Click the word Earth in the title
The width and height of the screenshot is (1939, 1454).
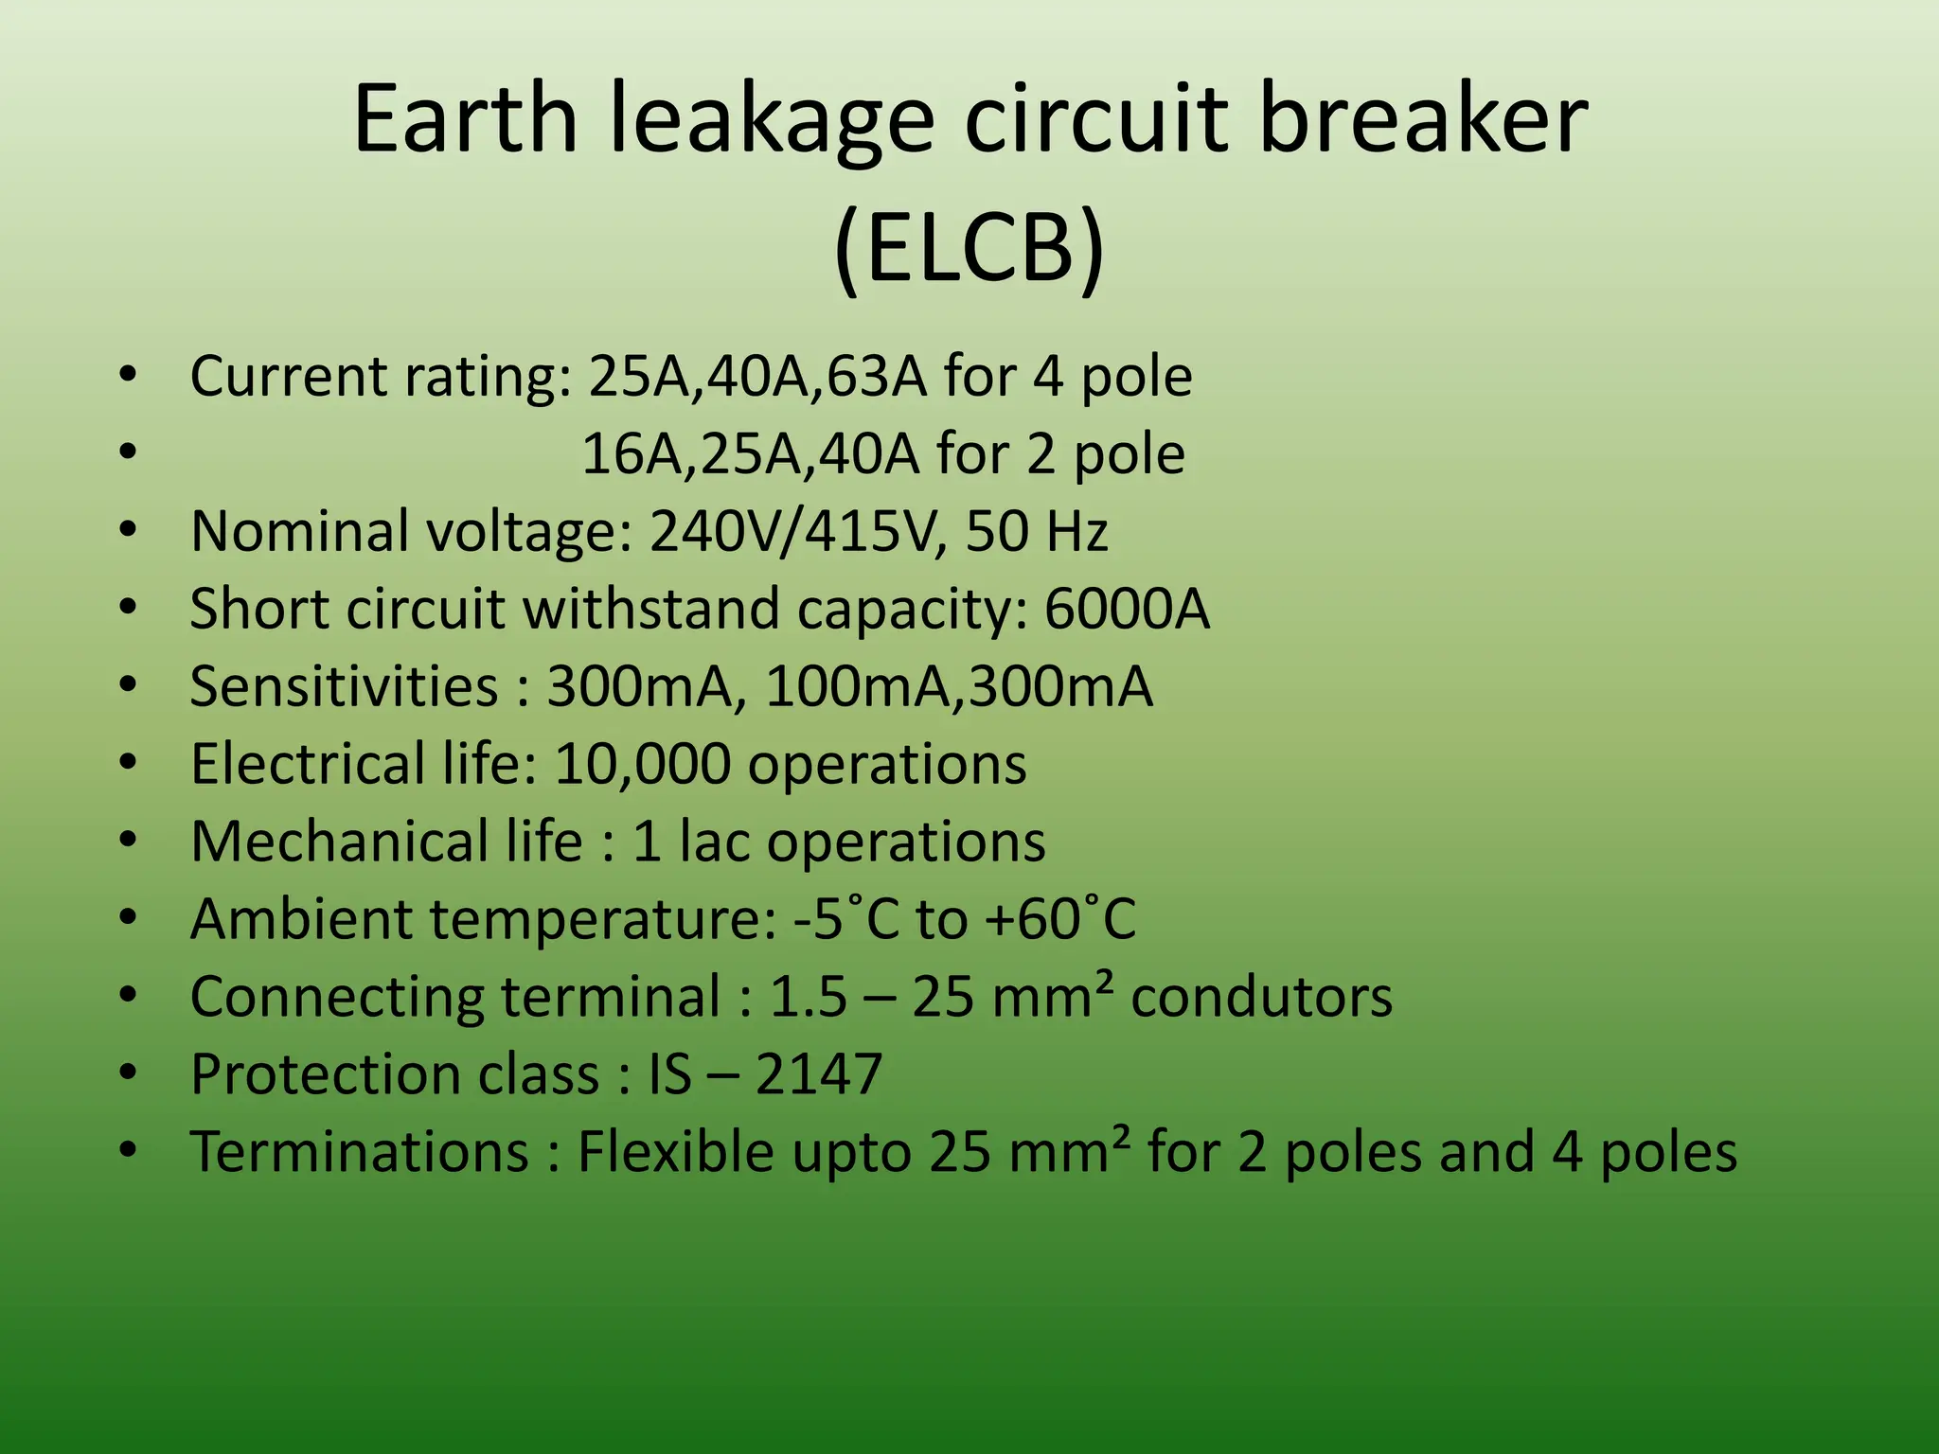tap(465, 119)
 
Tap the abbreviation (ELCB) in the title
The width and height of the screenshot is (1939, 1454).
tap(969, 248)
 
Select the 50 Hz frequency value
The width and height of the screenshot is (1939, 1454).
tap(1036, 531)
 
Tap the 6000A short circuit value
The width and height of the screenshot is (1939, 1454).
tap(1127, 609)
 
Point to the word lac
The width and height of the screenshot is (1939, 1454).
tap(714, 842)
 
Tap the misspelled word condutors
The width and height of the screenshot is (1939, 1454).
tap(1261, 997)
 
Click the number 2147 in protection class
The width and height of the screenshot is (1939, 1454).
tap(819, 1074)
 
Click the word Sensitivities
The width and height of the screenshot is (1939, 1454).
tap(344, 686)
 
